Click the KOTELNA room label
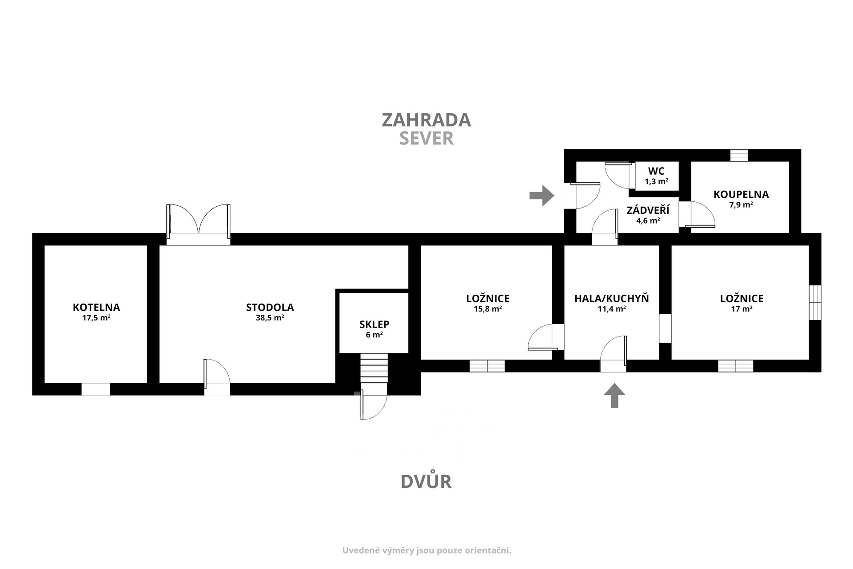(x=96, y=307)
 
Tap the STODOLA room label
(x=270, y=307)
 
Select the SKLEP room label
(x=375, y=325)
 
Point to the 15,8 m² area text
(x=488, y=309)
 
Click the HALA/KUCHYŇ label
(x=612, y=298)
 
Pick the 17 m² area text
(x=742, y=309)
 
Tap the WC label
(x=656, y=171)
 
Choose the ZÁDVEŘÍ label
(x=648, y=210)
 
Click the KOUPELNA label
(x=741, y=194)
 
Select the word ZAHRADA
(x=426, y=120)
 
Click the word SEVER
(x=426, y=139)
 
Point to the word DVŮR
(x=426, y=481)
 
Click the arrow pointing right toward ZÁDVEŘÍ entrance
(x=542, y=196)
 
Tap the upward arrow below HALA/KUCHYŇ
(x=614, y=395)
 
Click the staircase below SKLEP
(x=374, y=368)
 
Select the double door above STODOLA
(x=199, y=224)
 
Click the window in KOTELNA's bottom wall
(x=96, y=389)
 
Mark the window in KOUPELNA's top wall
(x=739, y=155)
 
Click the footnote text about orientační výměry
(x=426, y=550)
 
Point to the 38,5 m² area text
(x=270, y=318)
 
